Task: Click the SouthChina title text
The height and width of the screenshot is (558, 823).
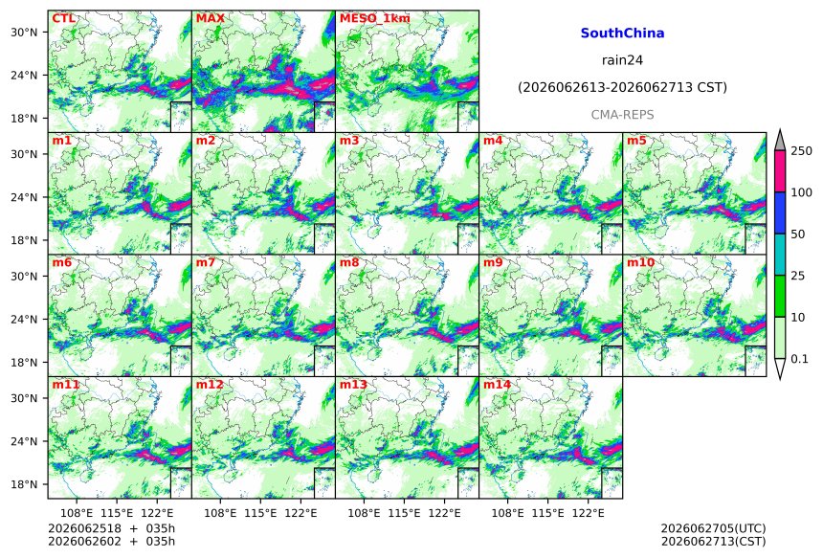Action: [622, 33]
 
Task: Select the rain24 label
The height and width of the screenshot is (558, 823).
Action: [622, 60]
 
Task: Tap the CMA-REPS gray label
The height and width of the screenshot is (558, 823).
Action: [622, 115]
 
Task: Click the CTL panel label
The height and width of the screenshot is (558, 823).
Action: [63, 18]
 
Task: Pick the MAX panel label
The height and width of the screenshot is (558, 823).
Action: [210, 18]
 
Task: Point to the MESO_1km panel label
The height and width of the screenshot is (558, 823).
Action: [375, 18]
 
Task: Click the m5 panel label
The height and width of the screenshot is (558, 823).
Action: [636, 141]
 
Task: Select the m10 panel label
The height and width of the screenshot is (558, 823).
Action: [640, 262]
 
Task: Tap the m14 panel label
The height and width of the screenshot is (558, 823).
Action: [497, 385]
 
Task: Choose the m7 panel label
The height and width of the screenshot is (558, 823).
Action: [205, 262]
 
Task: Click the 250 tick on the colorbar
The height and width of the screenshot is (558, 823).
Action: [802, 151]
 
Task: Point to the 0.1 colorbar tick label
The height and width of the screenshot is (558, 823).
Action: [799, 359]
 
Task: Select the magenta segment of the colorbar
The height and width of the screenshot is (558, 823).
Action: [780, 171]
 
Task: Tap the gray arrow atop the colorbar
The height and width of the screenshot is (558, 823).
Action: [780, 140]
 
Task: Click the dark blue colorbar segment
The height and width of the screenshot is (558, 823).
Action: [780, 212]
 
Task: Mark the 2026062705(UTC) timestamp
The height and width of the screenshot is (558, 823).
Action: [713, 528]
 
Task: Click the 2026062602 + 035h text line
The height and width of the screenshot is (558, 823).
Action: [111, 541]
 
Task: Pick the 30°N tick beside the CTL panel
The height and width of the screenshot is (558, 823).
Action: [24, 32]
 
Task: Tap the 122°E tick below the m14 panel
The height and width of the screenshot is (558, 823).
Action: [588, 513]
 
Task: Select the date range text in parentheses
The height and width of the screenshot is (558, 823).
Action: [622, 88]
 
